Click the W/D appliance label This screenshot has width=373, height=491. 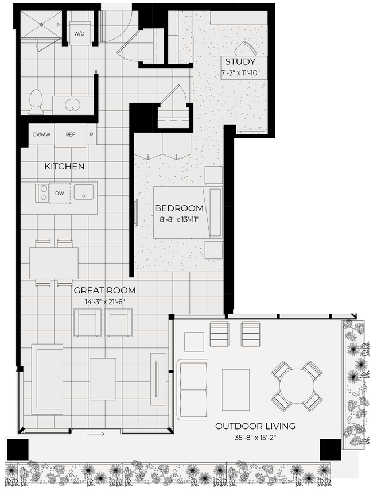[x=78, y=34]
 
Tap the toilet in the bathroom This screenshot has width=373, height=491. [x=36, y=102]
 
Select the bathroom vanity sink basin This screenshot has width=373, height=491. [x=72, y=105]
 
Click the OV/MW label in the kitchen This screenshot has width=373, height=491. [x=41, y=135]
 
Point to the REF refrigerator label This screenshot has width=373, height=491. [x=70, y=135]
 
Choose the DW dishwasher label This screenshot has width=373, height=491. [x=60, y=194]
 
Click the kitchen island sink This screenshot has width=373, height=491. [x=84, y=192]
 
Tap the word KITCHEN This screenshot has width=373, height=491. [x=64, y=167]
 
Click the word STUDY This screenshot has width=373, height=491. [x=240, y=62]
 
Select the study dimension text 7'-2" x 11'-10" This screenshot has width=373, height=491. [x=240, y=73]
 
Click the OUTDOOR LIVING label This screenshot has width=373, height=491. [x=255, y=426]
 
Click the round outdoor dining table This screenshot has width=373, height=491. [x=296, y=385]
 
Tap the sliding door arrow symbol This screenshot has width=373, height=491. [x=95, y=434]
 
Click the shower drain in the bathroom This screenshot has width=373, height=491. [x=41, y=24]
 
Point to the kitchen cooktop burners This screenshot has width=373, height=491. [x=42, y=193]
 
